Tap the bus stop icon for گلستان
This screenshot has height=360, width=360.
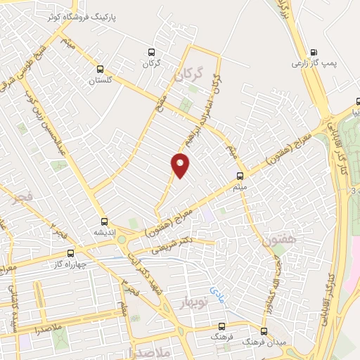click(101, 70)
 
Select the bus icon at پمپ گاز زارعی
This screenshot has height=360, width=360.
click(313, 51)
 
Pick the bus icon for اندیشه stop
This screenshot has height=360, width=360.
click(104, 221)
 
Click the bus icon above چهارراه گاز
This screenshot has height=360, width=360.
click(70, 253)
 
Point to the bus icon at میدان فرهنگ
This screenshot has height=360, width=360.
click(264, 330)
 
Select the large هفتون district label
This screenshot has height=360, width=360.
click(275, 241)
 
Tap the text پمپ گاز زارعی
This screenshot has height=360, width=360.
click(314, 63)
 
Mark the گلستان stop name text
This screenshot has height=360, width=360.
click(101, 80)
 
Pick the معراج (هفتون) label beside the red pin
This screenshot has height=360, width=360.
click(167, 221)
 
